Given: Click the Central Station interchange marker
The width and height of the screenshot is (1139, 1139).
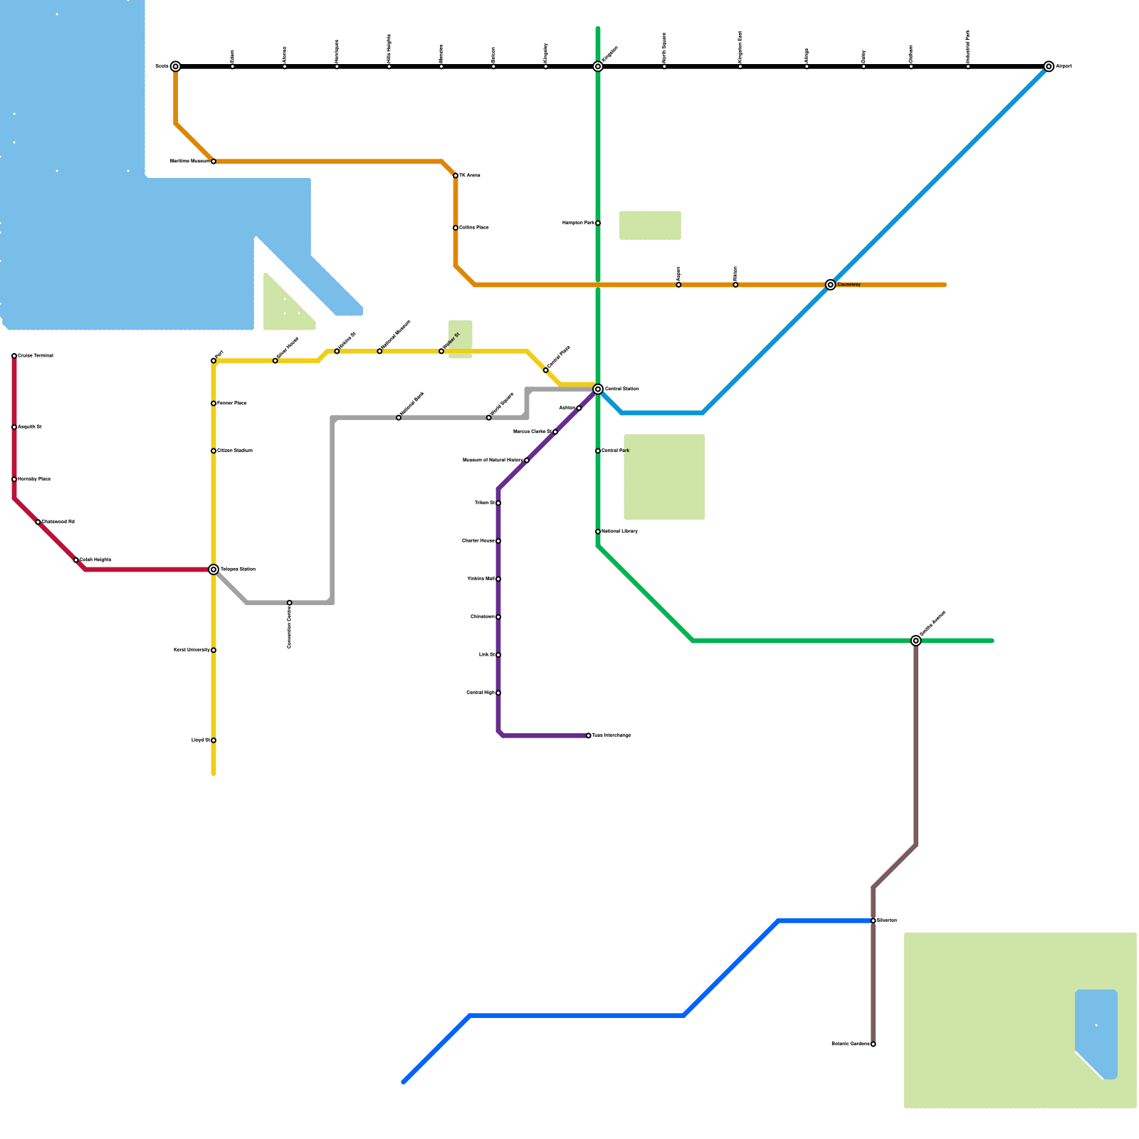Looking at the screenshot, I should tap(598, 389).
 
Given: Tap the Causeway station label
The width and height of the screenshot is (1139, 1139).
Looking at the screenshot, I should tap(849, 285).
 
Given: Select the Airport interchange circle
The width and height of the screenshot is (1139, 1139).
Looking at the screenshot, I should tap(1049, 66).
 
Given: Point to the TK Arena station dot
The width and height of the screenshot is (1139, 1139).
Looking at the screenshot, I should tap(456, 175).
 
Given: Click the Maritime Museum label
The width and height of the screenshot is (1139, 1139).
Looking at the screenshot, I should tap(189, 162).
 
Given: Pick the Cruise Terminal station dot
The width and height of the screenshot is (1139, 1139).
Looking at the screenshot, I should tap(14, 356).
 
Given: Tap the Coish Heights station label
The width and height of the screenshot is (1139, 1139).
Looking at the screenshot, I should tap(95, 560).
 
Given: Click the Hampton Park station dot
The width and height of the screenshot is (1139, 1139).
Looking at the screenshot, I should tap(598, 223).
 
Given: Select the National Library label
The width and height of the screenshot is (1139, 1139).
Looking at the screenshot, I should tap(619, 532).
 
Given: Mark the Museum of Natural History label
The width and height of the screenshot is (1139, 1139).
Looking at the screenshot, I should tap(493, 461).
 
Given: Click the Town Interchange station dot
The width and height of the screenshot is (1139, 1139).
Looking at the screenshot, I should tap(589, 735).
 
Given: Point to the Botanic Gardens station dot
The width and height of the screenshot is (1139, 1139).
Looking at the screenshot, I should tap(873, 1044).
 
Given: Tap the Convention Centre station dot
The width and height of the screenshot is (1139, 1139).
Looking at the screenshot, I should tap(289, 603).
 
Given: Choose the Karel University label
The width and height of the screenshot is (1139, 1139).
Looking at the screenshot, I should tap(191, 650).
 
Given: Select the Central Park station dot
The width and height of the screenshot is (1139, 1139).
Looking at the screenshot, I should tap(598, 451).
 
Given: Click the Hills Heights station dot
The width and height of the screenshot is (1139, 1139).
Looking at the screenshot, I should tap(389, 66).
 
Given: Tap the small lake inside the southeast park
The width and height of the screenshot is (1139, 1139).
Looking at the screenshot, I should tap(1096, 1029).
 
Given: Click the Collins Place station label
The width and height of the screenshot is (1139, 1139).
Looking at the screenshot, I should tap(474, 228).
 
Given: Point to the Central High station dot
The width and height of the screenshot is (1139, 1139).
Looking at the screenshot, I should tap(498, 693).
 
